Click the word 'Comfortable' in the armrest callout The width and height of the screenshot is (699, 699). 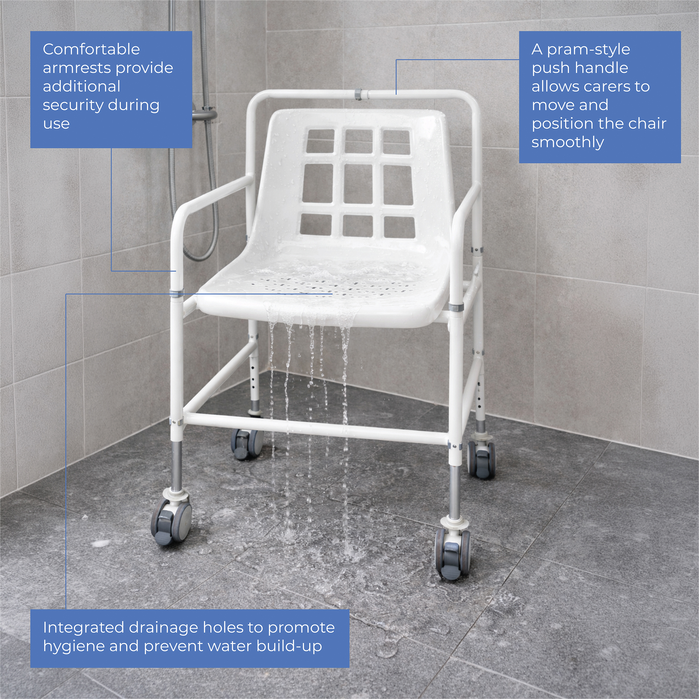coord(91,49)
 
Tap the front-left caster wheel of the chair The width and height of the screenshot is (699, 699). coord(171,518)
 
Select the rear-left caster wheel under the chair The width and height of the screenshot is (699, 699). coord(247,444)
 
